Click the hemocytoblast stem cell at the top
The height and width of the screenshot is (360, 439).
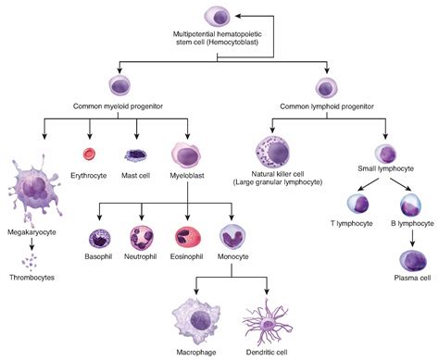[x=219, y=16]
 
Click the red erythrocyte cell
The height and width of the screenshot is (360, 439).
[x=90, y=155]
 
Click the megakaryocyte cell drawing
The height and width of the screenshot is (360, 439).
[x=32, y=190]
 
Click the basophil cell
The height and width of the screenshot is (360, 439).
[x=99, y=239]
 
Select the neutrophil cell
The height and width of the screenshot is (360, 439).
[x=142, y=239]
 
